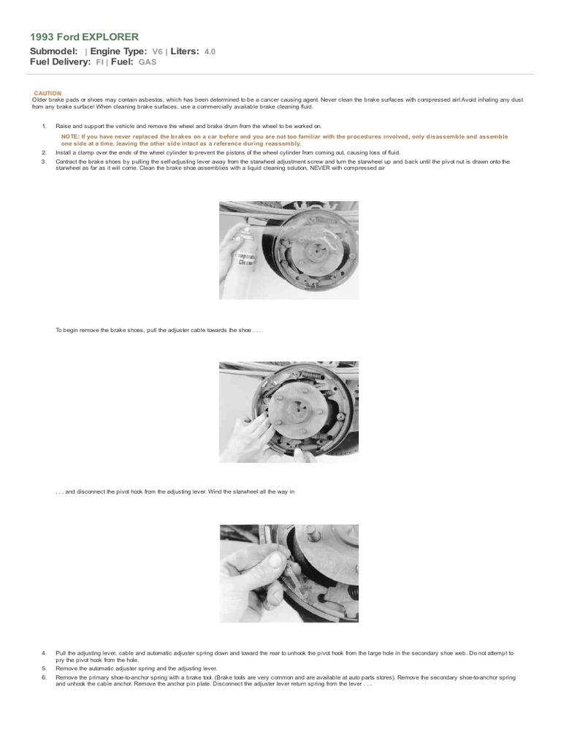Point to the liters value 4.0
(210, 52)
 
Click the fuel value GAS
(148, 63)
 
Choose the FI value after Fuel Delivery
(100, 63)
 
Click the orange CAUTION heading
(48, 94)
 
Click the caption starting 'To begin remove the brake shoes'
(158, 330)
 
